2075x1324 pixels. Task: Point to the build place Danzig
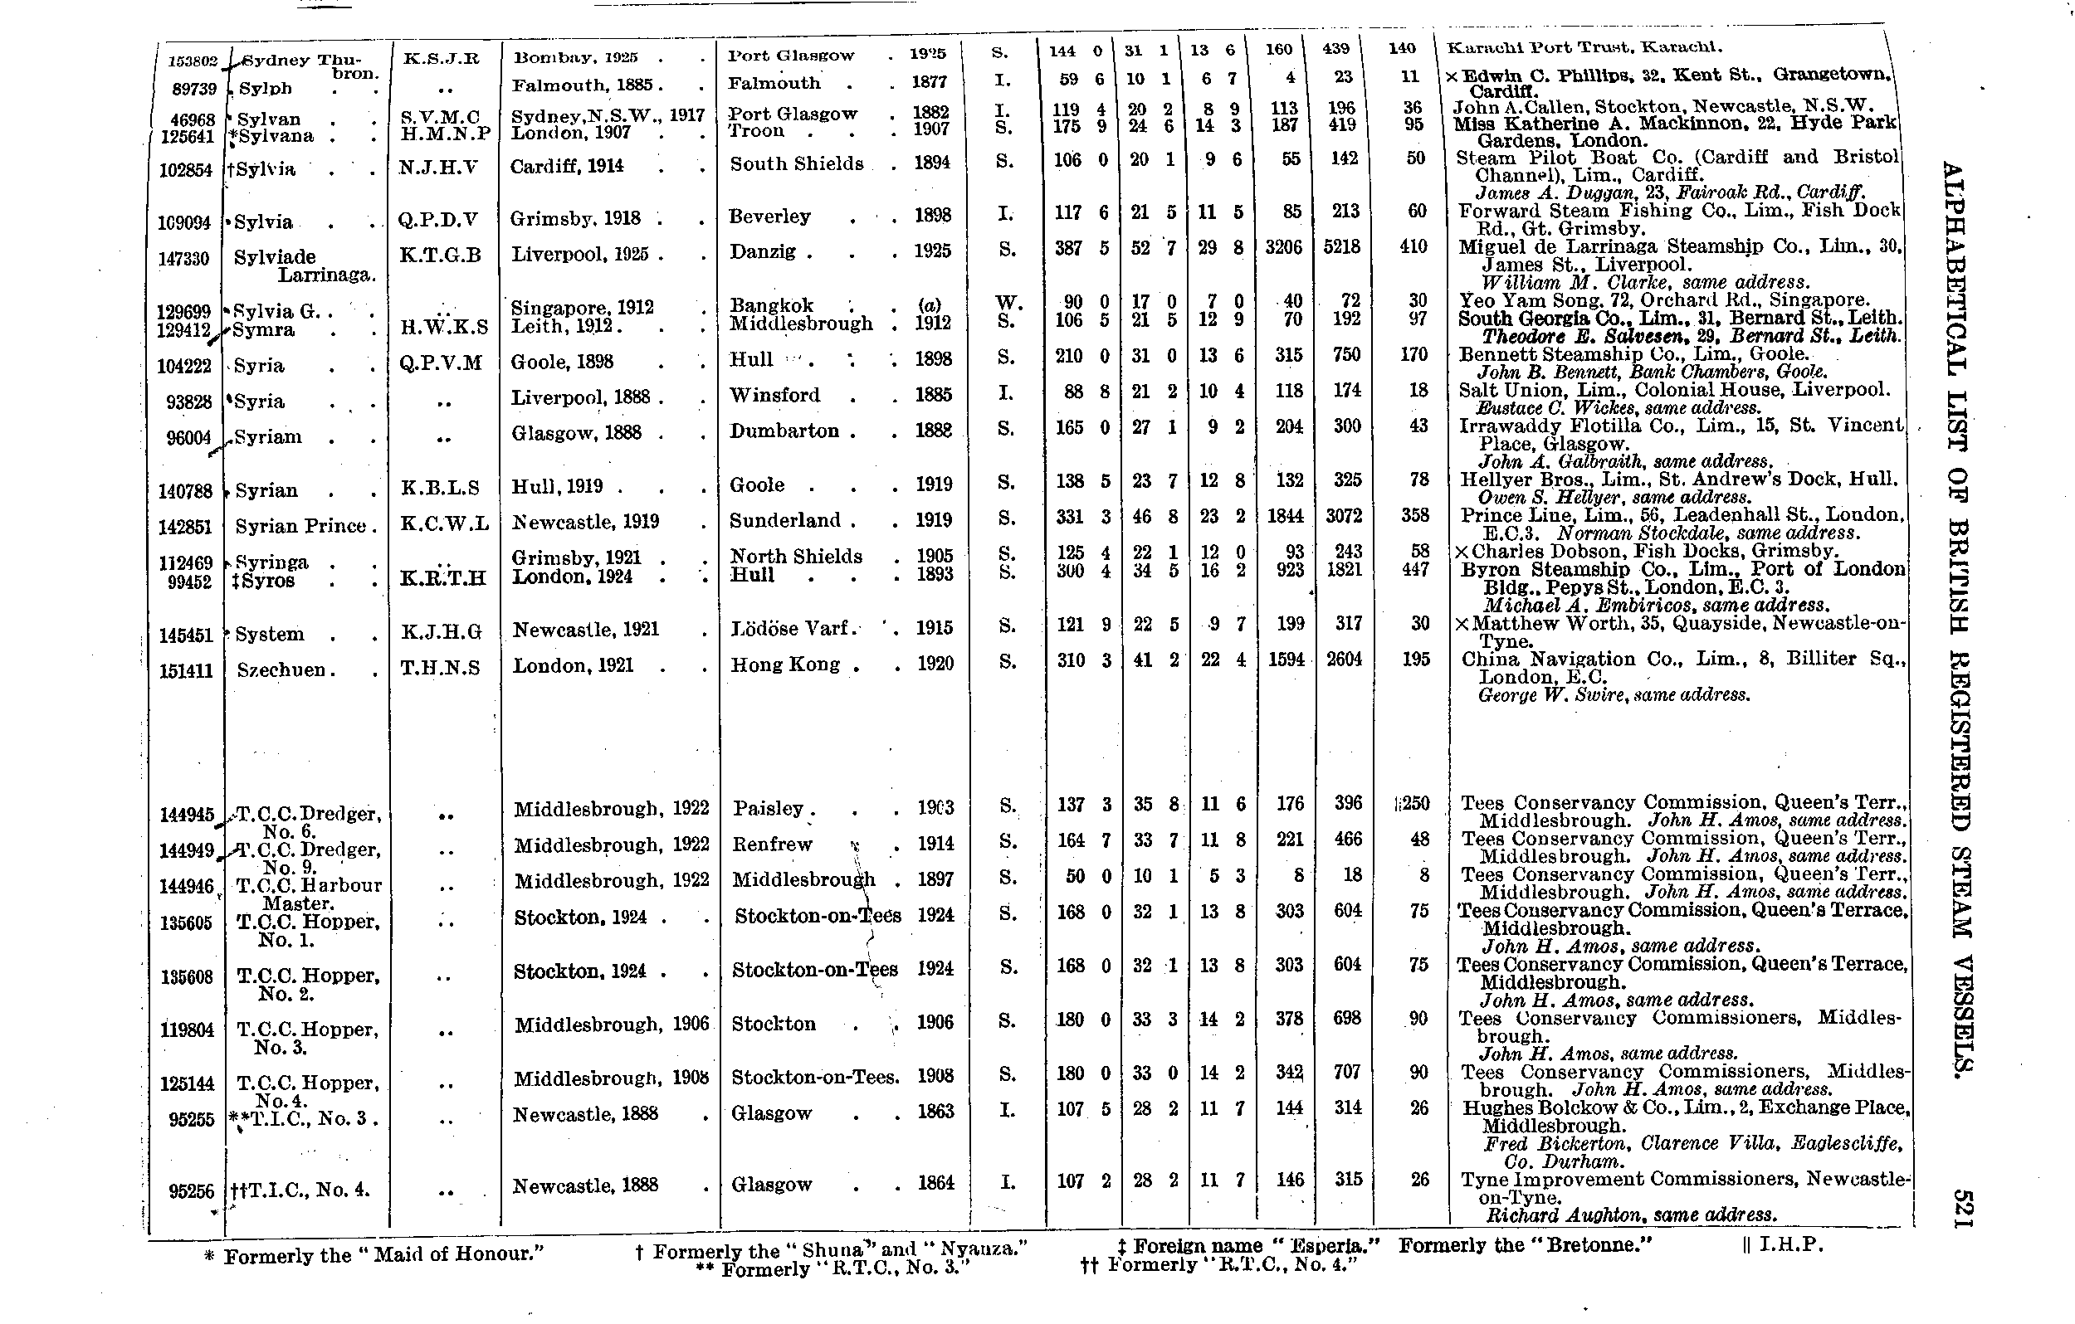[x=763, y=252]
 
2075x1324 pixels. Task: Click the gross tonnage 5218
[x=1344, y=247]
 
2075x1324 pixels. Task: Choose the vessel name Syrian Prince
[x=300, y=525]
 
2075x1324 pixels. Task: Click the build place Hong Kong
[x=785, y=664]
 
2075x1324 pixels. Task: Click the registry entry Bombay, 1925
[x=574, y=58]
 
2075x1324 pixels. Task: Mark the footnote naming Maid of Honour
[x=374, y=1255]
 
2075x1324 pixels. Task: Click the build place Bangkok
[x=771, y=305]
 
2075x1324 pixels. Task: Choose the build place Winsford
[x=774, y=396]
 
